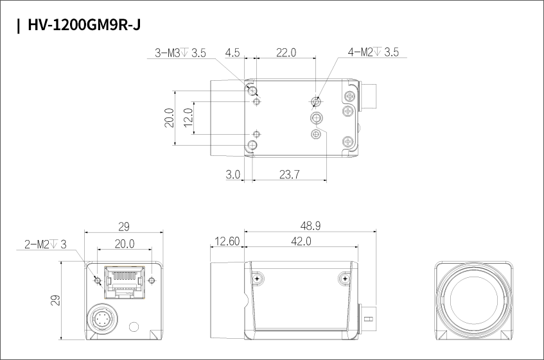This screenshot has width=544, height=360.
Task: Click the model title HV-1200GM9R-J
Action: (x=84, y=25)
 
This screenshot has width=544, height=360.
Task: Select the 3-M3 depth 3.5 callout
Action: (x=180, y=53)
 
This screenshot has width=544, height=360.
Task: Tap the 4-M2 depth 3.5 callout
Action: (x=373, y=53)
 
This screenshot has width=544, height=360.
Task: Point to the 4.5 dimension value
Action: (x=232, y=53)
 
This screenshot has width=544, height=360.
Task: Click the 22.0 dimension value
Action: (x=286, y=53)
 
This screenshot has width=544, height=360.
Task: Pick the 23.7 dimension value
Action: (x=289, y=175)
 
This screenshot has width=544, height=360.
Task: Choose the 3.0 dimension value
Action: (x=233, y=175)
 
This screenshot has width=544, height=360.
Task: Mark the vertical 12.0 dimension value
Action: (x=188, y=117)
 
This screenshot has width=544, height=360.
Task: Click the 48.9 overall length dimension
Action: (x=310, y=226)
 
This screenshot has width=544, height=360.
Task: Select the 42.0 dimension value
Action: (x=301, y=241)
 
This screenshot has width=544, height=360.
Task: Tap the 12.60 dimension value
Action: (x=227, y=241)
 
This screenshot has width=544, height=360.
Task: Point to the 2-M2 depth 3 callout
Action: (x=45, y=244)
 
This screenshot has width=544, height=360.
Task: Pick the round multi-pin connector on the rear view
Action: (x=102, y=318)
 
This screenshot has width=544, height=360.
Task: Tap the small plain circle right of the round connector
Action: (x=134, y=327)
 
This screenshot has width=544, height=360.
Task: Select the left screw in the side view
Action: (x=257, y=279)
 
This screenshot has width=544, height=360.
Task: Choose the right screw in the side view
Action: (x=344, y=279)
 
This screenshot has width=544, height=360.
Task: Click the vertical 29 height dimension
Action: (x=55, y=300)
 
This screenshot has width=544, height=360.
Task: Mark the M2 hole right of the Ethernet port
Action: (x=152, y=280)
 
